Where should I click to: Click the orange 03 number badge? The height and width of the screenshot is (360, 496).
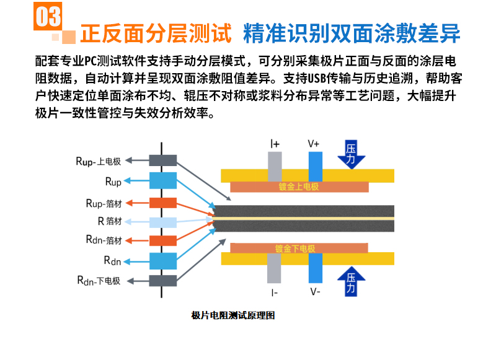pos(48,16)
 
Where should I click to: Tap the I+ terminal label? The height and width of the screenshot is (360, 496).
pos(275,144)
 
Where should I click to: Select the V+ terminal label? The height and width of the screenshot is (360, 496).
pos(314,144)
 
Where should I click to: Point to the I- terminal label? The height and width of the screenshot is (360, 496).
pos(275,292)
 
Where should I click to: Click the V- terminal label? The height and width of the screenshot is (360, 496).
pos(315,291)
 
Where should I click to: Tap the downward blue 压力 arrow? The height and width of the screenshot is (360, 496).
pos(351,154)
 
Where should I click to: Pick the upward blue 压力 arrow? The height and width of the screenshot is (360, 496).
pos(351,281)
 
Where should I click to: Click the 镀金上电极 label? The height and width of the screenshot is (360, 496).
pos(299,187)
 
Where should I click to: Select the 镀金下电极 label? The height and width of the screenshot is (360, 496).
pos(295,248)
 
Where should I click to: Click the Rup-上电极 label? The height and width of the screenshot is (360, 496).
pos(99,161)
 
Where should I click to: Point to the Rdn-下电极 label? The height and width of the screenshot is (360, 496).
pos(99,280)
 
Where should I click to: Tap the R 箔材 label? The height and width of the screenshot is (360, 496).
pos(110,221)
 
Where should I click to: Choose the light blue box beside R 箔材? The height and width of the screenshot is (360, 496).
pos(163,222)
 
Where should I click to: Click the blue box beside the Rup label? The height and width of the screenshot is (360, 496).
pos(163,180)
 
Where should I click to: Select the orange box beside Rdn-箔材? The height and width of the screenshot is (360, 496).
pos(163,240)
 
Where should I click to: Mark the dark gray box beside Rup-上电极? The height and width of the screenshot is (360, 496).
pos(163,160)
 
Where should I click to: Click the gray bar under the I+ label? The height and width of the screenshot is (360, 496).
pos(275,167)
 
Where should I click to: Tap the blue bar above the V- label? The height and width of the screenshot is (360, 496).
pos(316,268)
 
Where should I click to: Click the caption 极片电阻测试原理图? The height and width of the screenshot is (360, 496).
pos(233,315)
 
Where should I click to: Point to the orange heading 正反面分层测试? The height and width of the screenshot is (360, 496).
pos(156,33)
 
